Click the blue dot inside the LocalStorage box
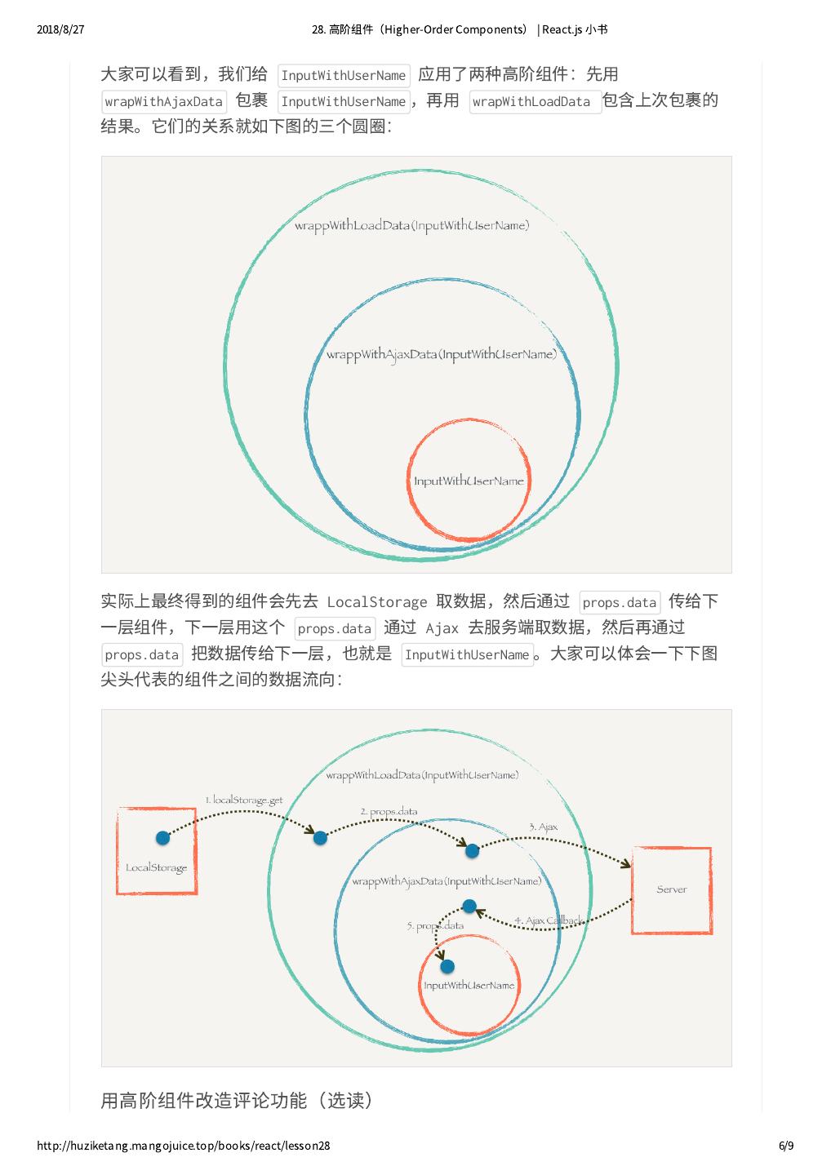click(x=162, y=837)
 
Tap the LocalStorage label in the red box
click(x=156, y=867)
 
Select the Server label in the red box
click(x=672, y=889)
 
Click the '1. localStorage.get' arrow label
click(x=243, y=800)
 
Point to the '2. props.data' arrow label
click(x=389, y=811)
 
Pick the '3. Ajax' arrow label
click(x=543, y=827)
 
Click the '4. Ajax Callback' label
click(x=549, y=920)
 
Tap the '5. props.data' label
click(x=435, y=925)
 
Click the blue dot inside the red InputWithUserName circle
click(x=447, y=967)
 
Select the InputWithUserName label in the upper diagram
click(x=469, y=481)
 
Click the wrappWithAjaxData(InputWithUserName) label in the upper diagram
click(x=442, y=354)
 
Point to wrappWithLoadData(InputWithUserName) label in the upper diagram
click(x=411, y=225)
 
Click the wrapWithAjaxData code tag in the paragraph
click(x=164, y=102)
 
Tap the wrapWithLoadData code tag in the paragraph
click(x=531, y=102)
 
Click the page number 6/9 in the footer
click(x=786, y=1146)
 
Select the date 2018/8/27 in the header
click(x=61, y=29)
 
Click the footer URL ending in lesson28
click(x=184, y=1146)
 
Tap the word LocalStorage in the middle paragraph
click(x=376, y=602)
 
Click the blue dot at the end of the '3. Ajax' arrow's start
click(x=472, y=850)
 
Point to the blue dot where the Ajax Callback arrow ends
click(x=469, y=906)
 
